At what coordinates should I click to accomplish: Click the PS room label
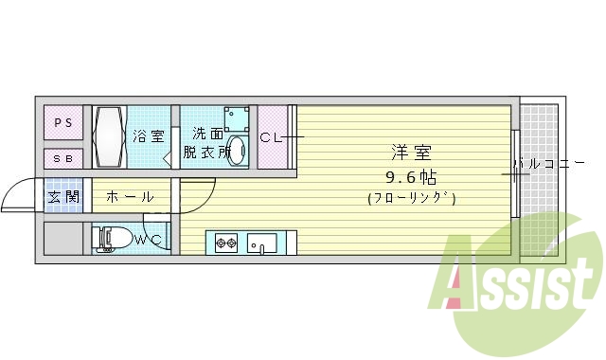click(62, 123)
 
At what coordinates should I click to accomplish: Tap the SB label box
click(62, 158)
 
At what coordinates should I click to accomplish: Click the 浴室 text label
click(148, 136)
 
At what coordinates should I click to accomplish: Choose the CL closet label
click(271, 138)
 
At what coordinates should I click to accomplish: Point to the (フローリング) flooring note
click(412, 198)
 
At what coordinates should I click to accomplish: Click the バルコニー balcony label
click(549, 165)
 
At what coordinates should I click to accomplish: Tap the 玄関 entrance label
click(63, 197)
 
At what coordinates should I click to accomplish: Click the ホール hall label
click(124, 197)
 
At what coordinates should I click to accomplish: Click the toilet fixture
click(112, 239)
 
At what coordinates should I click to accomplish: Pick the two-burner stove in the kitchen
click(226, 243)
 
